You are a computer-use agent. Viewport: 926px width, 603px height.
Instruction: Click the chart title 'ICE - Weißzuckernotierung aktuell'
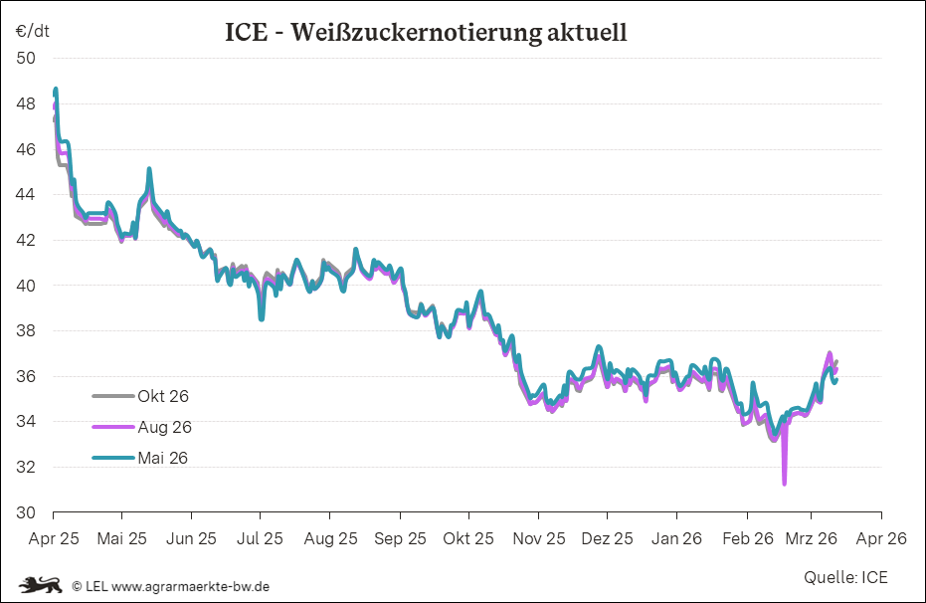click(427, 33)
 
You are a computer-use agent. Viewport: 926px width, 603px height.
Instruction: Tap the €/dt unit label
click(32, 31)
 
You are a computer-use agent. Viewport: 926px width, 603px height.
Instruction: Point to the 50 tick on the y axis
click(26, 58)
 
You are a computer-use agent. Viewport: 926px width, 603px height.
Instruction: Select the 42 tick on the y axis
click(26, 240)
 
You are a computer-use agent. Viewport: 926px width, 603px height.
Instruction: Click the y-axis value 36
click(26, 376)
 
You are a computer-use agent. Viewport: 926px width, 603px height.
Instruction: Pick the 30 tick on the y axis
click(26, 512)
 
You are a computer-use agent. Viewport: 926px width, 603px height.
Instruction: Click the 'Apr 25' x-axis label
click(53, 538)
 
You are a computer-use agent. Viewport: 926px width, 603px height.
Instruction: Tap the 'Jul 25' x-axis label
click(261, 538)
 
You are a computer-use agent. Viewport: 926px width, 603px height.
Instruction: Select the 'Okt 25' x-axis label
click(468, 538)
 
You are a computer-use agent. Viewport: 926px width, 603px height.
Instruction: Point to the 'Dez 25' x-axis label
click(607, 538)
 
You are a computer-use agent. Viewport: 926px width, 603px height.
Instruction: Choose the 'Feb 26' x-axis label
click(748, 538)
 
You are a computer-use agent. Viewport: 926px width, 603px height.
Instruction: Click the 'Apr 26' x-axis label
click(881, 538)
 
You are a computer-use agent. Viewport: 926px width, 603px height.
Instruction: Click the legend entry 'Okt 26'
click(163, 396)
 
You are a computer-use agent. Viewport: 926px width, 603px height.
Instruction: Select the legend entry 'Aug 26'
click(164, 427)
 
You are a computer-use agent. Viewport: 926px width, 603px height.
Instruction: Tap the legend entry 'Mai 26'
click(163, 458)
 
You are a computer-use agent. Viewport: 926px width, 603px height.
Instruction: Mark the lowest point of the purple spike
click(785, 484)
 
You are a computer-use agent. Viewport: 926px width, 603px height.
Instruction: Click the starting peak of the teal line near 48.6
click(56, 90)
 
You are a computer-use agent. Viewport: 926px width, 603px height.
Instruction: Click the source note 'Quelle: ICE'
click(845, 577)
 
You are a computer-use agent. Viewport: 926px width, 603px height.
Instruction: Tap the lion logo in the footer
click(42, 585)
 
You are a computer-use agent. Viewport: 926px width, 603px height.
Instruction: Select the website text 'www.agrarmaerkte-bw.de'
click(190, 586)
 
